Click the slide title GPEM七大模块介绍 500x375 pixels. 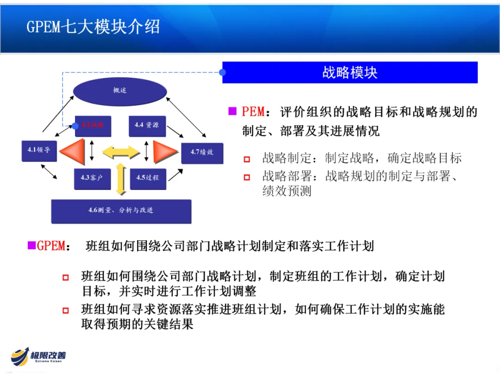[x=93, y=26]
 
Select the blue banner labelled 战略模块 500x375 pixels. [x=350, y=73]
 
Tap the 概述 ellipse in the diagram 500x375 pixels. [x=120, y=90]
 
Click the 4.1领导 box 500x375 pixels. [x=39, y=150]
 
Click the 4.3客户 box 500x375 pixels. [x=93, y=178]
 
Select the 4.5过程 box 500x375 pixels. [x=147, y=178]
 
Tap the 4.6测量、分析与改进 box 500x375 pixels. [x=121, y=211]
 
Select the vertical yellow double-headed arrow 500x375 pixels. [x=122, y=179]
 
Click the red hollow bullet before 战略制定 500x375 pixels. [x=247, y=159]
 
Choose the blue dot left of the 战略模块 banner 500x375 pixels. [x=223, y=72]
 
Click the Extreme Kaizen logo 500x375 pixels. [x=39, y=357]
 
